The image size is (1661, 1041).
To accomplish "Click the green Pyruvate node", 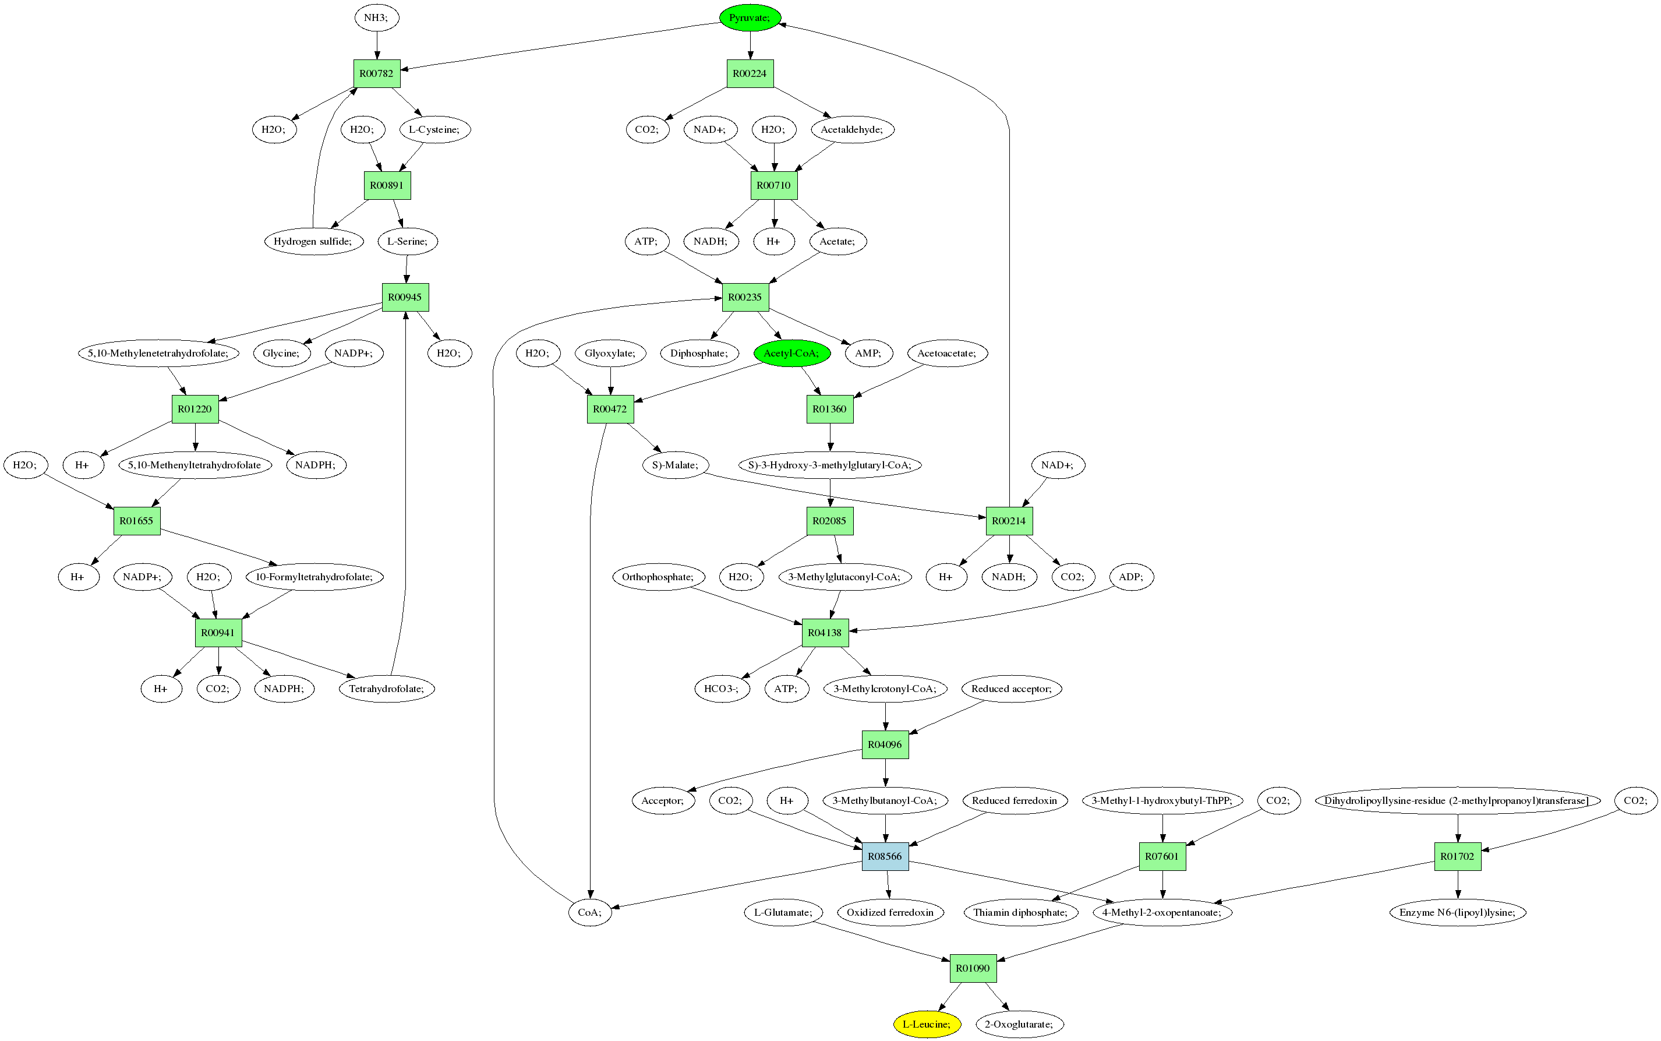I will [750, 17].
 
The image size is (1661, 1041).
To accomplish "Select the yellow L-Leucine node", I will [927, 1024].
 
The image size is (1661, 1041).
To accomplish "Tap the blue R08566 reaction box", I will [885, 856].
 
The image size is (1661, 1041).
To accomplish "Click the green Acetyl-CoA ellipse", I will [791, 353].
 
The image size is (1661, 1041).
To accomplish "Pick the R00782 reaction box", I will [377, 73].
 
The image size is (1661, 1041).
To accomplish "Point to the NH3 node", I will [377, 17].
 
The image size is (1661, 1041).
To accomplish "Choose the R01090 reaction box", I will [973, 968].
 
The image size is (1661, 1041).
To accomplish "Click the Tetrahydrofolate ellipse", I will [386, 689].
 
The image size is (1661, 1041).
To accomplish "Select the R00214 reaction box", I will [1009, 521].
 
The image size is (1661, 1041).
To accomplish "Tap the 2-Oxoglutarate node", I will [1019, 1024].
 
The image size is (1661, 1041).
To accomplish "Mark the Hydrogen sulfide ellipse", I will [313, 241].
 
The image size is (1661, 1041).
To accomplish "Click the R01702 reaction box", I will [1457, 856].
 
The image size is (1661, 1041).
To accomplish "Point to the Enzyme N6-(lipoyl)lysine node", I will [1457, 912].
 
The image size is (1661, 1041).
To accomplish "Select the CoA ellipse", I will [590, 912].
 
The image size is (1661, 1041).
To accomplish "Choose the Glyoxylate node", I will [610, 353].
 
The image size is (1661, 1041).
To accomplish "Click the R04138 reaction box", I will [825, 633].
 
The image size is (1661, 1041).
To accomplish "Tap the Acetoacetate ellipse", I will [946, 353].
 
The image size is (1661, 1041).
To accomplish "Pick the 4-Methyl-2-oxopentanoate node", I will [1162, 912].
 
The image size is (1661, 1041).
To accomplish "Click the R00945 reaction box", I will [405, 297].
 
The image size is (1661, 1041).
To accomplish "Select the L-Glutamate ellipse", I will [783, 912].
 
